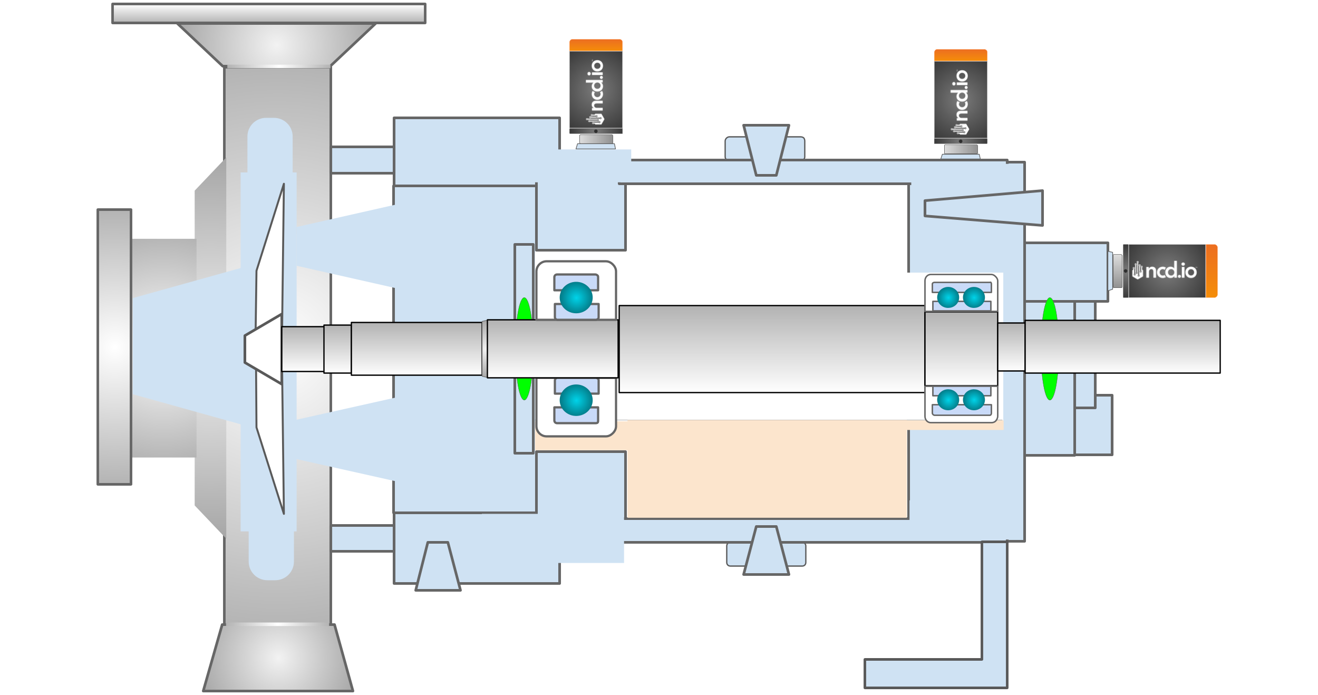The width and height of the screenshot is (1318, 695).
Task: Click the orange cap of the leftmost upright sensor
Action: (596, 45)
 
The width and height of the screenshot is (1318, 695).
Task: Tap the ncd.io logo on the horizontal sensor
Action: (1165, 271)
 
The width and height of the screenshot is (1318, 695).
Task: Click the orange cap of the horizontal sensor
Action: (1212, 271)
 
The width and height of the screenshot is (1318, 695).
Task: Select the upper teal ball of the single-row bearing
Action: (576, 297)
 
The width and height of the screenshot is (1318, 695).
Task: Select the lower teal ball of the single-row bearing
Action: (576, 400)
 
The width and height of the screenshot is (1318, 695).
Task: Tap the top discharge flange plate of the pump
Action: (268, 14)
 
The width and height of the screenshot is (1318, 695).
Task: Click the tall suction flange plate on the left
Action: (114, 347)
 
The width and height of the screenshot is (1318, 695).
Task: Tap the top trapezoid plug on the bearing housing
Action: (766, 150)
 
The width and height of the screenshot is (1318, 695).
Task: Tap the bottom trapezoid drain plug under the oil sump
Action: (766, 552)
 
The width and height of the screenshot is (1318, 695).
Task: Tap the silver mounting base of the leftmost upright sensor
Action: (596, 140)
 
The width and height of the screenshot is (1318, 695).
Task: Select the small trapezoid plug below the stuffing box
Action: (438, 567)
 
